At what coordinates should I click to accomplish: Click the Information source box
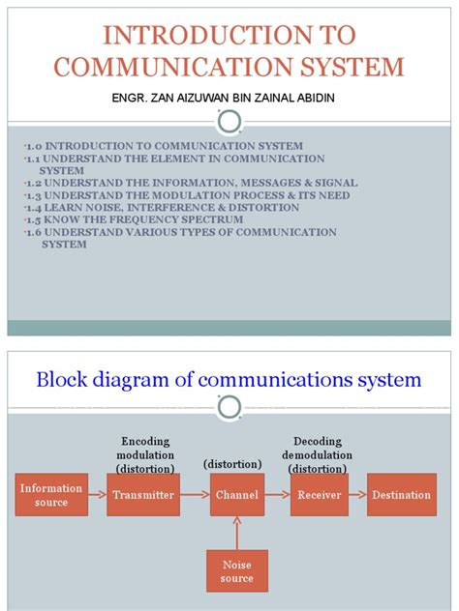(x=50, y=496)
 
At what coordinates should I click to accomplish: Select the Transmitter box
(x=143, y=495)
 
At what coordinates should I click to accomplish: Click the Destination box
(x=401, y=495)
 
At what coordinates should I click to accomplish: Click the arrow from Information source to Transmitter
(x=98, y=495)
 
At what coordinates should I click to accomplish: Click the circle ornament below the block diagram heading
(x=230, y=409)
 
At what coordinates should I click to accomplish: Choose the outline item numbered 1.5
(x=122, y=219)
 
